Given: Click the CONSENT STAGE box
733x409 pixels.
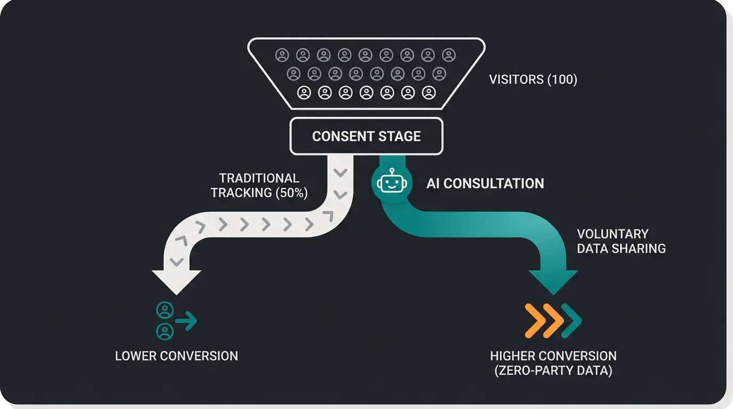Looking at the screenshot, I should (x=366, y=136).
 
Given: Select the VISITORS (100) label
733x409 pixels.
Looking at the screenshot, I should (x=533, y=80).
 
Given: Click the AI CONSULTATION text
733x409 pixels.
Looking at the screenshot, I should (x=485, y=184).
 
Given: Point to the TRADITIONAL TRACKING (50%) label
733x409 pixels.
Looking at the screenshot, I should (x=259, y=185).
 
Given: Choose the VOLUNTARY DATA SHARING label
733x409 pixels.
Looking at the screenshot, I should (x=621, y=241).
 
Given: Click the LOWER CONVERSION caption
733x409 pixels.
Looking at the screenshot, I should (x=176, y=356).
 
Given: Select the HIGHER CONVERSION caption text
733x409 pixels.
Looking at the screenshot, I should (x=553, y=356).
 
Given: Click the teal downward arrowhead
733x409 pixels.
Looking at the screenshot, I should (x=553, y=281).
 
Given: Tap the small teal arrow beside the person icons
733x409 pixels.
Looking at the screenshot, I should (x=186, y=321).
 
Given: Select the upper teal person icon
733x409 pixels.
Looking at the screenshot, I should (x=165, y=310).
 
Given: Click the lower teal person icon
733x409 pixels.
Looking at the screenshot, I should (x=165, y=332).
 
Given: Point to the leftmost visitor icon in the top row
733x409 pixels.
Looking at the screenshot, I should (x=282, y=55).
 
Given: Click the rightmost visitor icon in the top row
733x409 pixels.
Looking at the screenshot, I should (x=449, y=55).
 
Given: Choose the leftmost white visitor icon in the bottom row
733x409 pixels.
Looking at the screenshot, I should (x=304, y=93).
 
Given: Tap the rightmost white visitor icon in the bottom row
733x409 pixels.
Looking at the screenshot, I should (x=429, y=93).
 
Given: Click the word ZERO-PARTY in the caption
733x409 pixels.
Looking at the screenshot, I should (x=538, y=371).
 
